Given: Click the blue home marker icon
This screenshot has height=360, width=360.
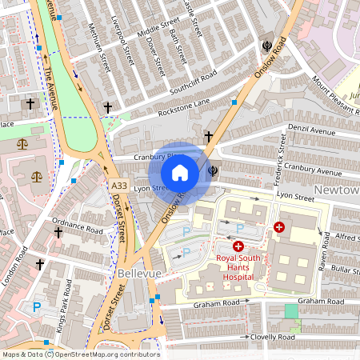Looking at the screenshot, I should point(180,173).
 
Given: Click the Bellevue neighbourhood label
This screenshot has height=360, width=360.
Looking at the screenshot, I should point(139,274).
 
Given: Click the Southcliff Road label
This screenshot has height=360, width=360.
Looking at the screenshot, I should point(189,82).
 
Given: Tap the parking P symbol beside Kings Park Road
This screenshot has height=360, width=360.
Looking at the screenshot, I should point(36,306).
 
